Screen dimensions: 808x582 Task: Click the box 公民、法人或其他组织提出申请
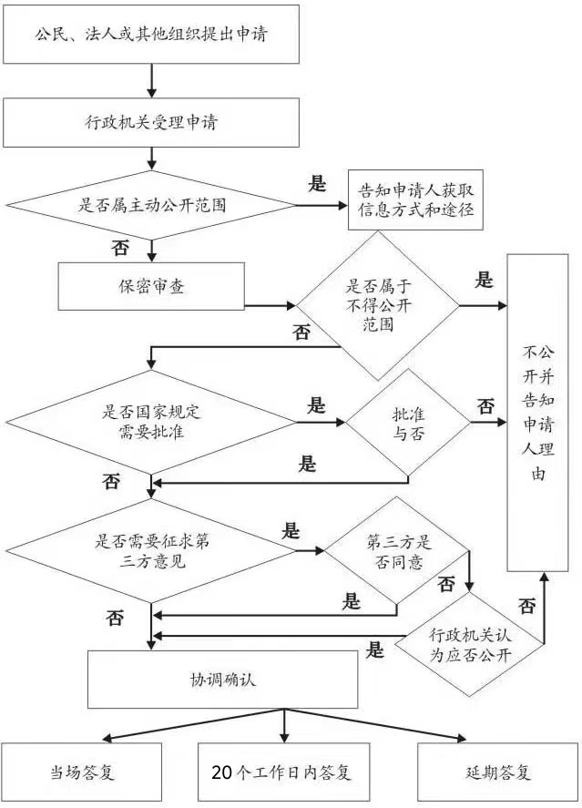tap(151, 36)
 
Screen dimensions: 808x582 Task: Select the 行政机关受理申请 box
tap(151, 121)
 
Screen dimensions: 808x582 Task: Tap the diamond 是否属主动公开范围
tap(151, 204)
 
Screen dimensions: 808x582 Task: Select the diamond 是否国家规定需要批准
tap(151, 422)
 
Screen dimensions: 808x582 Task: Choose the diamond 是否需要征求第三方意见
tap(151, 550)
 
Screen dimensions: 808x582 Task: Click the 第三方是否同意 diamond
tap(397, 550)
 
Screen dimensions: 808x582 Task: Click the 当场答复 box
tap(81, 773)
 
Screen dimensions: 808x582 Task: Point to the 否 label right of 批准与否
tap(486, 405)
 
